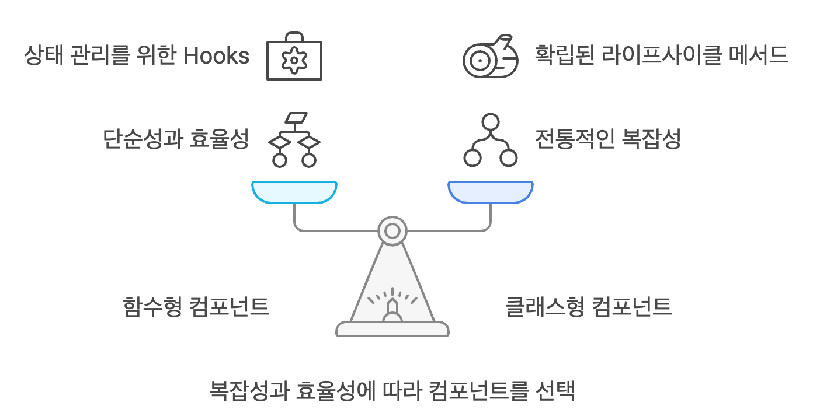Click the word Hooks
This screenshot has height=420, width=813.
pyautogui.click(x=217, y=56)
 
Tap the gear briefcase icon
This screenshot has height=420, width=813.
pyautogui.click(x=294, y=59)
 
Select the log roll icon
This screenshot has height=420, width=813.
pyautogui.click(x=490, y=57)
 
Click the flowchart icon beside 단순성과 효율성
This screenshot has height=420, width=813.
pyautogui.click(x=294, y=140)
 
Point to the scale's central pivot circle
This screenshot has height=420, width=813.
pyautogui.click(x=392, y=231)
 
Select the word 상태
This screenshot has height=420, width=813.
pyautogui.click(x=42, y=56)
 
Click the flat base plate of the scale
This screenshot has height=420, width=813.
pyautogui.click(x=392, y=329)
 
